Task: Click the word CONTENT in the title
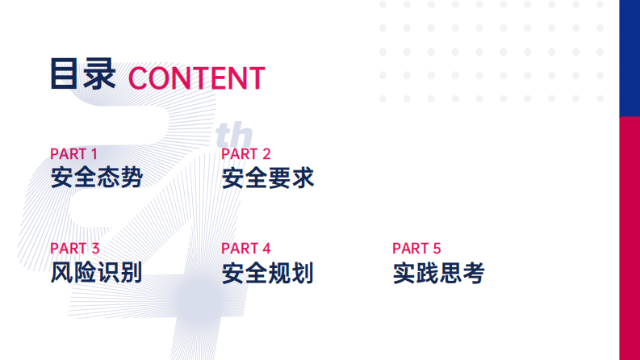(196, 78)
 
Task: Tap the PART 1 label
(73, 153)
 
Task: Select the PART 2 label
(245, 153)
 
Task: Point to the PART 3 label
(74, 249)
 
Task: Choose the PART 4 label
(245, 249)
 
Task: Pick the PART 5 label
(416, 249)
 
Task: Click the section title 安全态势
(96, 178)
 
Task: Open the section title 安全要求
(267, 178)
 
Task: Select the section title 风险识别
(96, 273)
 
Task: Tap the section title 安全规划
(267, 273)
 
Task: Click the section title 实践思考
(438, 273)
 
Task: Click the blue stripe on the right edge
(629, 57)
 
